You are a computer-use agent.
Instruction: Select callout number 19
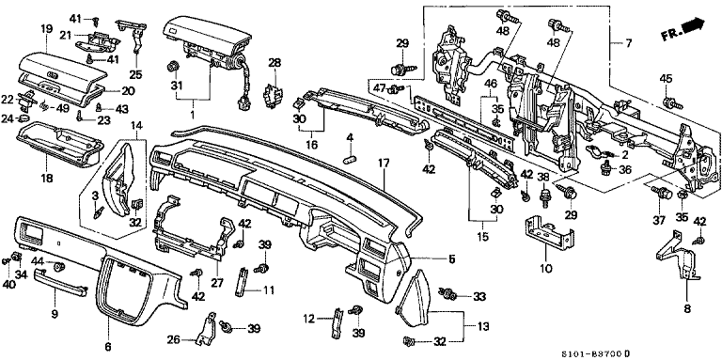pyautogui.click(x=45, y=29)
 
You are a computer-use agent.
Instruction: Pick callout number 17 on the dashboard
pyautogui.click(x=383, y=163)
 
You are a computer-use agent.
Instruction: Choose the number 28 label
pyautogui.click(x=275, y=63)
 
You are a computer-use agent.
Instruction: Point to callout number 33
pyautogui.click(x=479, y=297)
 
